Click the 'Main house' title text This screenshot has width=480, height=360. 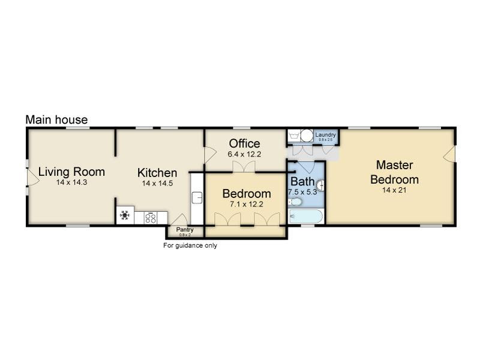56,120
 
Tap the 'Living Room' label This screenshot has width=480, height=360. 71,172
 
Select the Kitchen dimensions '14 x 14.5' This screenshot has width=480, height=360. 157,184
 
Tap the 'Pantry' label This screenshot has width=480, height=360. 184,230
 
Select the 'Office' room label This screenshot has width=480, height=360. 244,143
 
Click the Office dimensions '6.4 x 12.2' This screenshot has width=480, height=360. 244,154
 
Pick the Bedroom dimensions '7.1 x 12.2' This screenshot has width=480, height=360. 247,205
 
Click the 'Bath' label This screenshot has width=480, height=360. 302,181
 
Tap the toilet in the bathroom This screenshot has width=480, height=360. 295,202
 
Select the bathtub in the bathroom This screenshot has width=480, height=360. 306,216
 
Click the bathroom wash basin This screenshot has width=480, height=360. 320,185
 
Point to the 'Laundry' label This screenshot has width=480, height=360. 325,135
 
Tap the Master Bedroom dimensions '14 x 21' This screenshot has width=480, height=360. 394,190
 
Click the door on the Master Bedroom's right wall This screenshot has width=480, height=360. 448,156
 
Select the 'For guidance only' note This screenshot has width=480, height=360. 190,245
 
